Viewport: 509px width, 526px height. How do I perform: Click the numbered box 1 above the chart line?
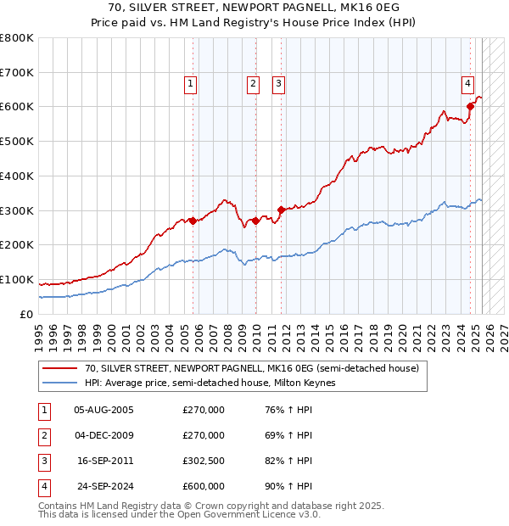(x=191, y=83)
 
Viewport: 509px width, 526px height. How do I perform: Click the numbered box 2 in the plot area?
(x=254, y=83)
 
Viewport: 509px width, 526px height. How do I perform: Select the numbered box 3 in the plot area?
(x=278, y=83)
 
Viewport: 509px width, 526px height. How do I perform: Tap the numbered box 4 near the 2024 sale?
(x=467, y=83)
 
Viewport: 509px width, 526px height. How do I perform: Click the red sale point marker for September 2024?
(x=469, y=106)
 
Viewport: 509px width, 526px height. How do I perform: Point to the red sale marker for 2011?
(x=281, y=209)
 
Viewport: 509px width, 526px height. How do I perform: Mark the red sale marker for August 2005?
(x=193, y=221)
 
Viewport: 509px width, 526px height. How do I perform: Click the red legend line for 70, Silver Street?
(x=59, y=369)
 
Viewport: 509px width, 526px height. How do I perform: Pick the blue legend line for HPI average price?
(x=59, y=383)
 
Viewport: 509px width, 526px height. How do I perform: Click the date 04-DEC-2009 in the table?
(x=104, y=435)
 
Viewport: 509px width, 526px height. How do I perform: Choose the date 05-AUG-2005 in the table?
(x=104, y=410)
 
